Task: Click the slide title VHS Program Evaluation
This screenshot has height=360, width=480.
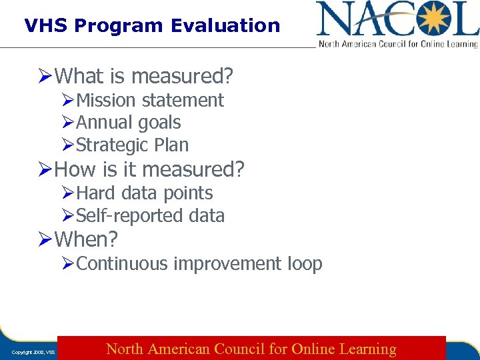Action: [152, 26]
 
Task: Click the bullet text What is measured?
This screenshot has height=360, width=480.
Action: [143, 76]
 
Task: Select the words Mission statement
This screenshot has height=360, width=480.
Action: [150, 101]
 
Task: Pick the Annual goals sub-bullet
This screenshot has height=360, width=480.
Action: [129, 123]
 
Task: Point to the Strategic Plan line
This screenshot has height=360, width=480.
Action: [133, 145]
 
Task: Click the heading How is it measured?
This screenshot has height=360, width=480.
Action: [149, 169]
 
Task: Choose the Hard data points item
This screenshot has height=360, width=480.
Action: [145, 193]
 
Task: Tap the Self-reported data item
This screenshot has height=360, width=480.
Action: [151, 216]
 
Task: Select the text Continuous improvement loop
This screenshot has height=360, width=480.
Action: [199, 264]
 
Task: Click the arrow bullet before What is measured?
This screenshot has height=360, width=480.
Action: [45, 77]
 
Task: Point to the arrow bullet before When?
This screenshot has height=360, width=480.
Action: [45, 239]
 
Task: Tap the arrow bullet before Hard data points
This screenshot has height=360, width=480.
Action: [68, 193]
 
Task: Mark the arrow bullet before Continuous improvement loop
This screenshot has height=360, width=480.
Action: [68, 264]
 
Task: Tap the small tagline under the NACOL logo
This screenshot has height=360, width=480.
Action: [398, 44]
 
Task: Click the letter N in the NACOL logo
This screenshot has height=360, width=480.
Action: [333, 19]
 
